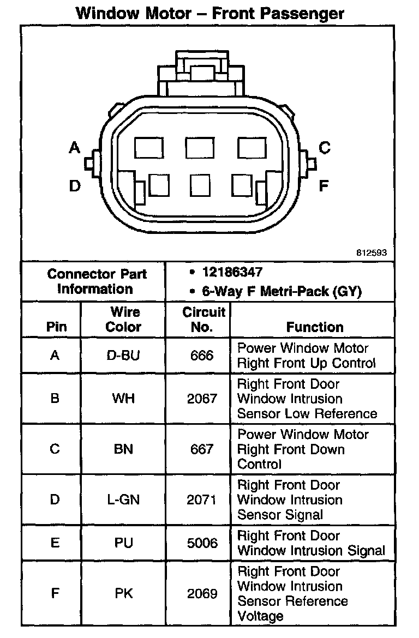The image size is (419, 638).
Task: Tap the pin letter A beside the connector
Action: coord(75,147)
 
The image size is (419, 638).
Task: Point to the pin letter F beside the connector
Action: coord(324,186)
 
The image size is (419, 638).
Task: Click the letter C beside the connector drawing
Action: coord(324,147)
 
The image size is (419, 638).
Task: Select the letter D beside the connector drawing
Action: coord(75,186)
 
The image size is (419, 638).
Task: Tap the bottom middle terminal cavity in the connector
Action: coord(200,185)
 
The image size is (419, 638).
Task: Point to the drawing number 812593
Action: coord(371,252)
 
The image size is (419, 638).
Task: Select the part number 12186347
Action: coord(232,272)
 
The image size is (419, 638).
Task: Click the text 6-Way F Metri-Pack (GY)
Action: coord(282,291)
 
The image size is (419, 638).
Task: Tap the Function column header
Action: coord(315,327)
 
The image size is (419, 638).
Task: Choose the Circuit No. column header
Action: coord(203,320)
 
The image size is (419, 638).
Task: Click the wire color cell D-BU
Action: coord(123,356)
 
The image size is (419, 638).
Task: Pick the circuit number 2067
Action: coord(202,399)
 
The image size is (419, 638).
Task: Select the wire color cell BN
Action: coord(123,449)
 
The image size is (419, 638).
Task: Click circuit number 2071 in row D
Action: coord(202,499)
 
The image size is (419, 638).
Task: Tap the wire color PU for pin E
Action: coord(123,543)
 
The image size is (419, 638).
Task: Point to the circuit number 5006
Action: coord(202,543)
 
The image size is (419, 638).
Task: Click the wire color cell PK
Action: coord(123,593)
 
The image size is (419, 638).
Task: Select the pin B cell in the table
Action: coord(55,399)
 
